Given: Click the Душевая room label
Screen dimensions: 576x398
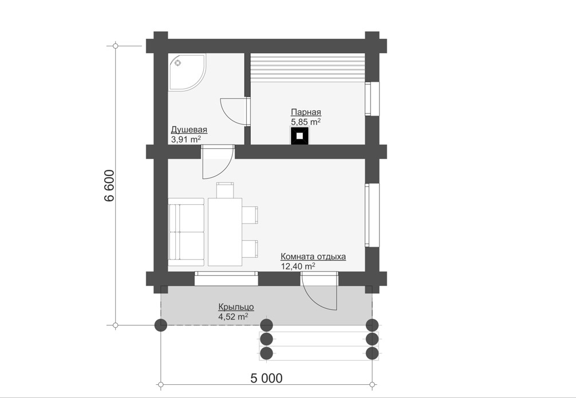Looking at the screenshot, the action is point(189,129).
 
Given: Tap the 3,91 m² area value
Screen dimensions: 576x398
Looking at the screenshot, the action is point(186,140).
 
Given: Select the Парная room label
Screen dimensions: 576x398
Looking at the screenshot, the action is point(306,112).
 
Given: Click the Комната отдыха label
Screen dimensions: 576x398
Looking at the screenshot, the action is point(313,256).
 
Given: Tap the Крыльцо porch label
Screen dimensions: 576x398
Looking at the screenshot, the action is point(236,307).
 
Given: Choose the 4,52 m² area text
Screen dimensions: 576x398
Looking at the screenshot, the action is point(233,317).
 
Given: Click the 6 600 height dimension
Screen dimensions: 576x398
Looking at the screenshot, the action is point(110,186).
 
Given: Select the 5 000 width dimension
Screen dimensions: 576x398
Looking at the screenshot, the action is point(267,378).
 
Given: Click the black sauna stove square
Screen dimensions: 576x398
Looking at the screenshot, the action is point(300,136).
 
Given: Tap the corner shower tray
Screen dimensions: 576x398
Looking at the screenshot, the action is point(187,71).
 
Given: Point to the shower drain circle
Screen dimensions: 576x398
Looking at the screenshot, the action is point(178,63).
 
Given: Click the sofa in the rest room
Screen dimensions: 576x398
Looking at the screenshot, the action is point(186,232).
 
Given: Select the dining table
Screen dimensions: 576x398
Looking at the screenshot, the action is point(225,232).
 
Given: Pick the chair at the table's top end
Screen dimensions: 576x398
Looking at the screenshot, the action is point(225,190).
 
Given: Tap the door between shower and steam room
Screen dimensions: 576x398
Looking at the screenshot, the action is point(235,112).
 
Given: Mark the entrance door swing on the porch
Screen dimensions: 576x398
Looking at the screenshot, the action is point(318,291).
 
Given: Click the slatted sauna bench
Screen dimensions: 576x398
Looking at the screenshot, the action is point(308,68).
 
